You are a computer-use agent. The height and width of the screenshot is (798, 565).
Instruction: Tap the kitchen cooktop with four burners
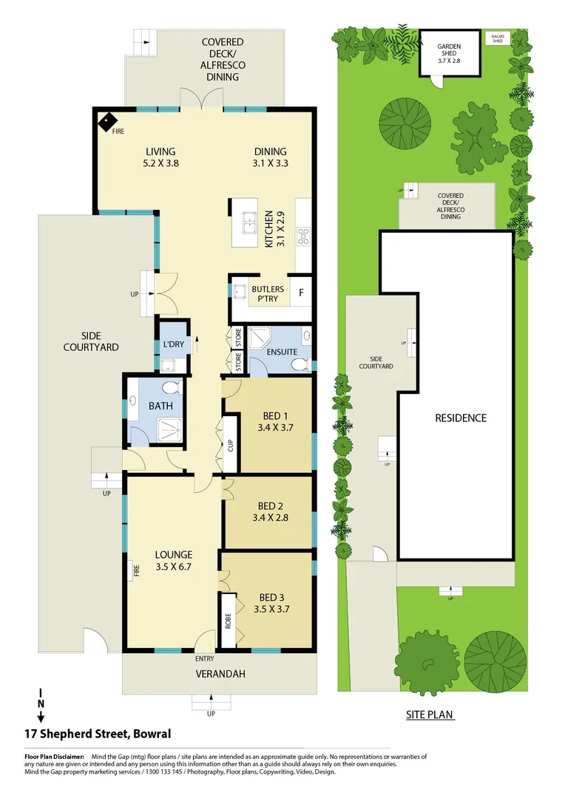[x=302, y=236]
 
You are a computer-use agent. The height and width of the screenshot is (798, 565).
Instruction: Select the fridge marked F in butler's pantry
[x=301, y=292]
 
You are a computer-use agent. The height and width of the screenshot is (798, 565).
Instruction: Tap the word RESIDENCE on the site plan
[x=460, y=417]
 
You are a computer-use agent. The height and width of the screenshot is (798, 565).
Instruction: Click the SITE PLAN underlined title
[x=430, y=715]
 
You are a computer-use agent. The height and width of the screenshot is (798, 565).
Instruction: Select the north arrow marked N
[x=41, y=704]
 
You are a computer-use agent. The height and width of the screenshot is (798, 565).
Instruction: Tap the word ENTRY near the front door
[x=204, y=658]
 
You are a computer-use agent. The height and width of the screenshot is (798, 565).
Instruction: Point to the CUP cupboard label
[x=230, y=446]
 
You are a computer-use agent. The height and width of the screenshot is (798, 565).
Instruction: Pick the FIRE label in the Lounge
[x=137, y=570]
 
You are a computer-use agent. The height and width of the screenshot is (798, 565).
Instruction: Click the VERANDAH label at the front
[x=221, y=674]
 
